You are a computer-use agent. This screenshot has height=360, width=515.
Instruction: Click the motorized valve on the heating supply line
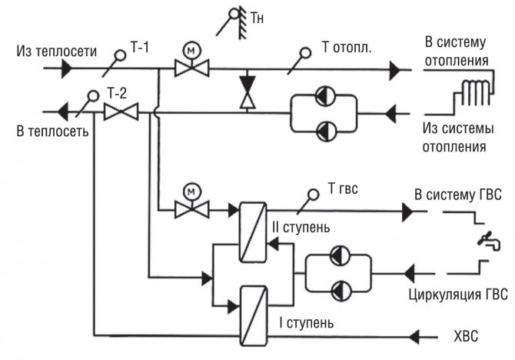point(188,68)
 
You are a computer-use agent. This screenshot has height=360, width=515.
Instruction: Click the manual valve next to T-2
point(121,112)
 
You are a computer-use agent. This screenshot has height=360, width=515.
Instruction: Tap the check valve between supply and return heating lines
point(246,91)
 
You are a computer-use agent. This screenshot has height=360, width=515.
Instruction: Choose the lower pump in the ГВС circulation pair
point(340,288)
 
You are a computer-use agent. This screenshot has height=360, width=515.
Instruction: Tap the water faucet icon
point(487,240)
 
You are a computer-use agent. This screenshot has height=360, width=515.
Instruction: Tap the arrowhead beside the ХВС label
point(419,336)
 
